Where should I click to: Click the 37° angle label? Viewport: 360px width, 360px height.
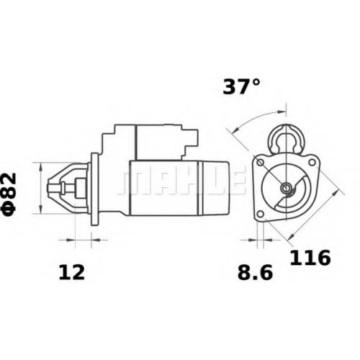241,86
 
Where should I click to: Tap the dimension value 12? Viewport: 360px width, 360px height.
72,272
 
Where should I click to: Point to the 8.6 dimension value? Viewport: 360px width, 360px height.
255,272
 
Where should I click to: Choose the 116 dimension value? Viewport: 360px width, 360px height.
310,258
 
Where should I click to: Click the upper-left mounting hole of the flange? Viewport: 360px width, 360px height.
261,163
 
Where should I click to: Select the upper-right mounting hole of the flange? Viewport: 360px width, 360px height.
312,162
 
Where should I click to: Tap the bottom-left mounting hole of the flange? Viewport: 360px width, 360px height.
261,214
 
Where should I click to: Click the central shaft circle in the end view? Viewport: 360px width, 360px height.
286,187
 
